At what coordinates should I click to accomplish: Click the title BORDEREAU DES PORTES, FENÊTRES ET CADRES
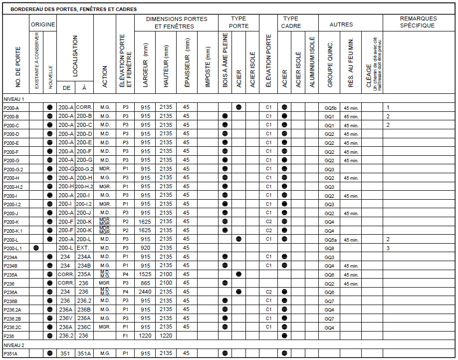coord(73,9)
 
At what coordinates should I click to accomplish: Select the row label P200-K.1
coord(12,231)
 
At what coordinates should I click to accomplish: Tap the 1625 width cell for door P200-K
coord(145,222)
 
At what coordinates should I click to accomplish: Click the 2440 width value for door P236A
coord(145,292)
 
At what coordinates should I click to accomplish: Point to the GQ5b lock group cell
coord(330,108)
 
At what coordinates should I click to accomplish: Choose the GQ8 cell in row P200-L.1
coord(329,248)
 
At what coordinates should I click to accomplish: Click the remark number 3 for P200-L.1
coord(388,248)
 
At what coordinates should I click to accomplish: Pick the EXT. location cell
coord(84,248)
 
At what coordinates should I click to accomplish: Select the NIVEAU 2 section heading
coord(14,345)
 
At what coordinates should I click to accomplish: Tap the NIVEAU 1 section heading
coord(14,99)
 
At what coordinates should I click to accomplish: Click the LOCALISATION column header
coord(75,55)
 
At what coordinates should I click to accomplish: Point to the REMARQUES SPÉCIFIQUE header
coord(418,22)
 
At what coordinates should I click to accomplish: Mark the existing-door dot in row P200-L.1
coord(36,248)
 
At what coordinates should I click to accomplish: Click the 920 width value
coord(145,248)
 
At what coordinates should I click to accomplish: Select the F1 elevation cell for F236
coord(125,336)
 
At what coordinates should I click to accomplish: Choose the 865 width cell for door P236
coord(145,283)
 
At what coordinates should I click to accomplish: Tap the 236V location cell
coord(65,318)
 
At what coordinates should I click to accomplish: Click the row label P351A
coord(10,354)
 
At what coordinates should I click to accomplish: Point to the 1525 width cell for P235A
coord(145,275)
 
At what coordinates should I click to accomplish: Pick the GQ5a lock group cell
coord(330,240)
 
